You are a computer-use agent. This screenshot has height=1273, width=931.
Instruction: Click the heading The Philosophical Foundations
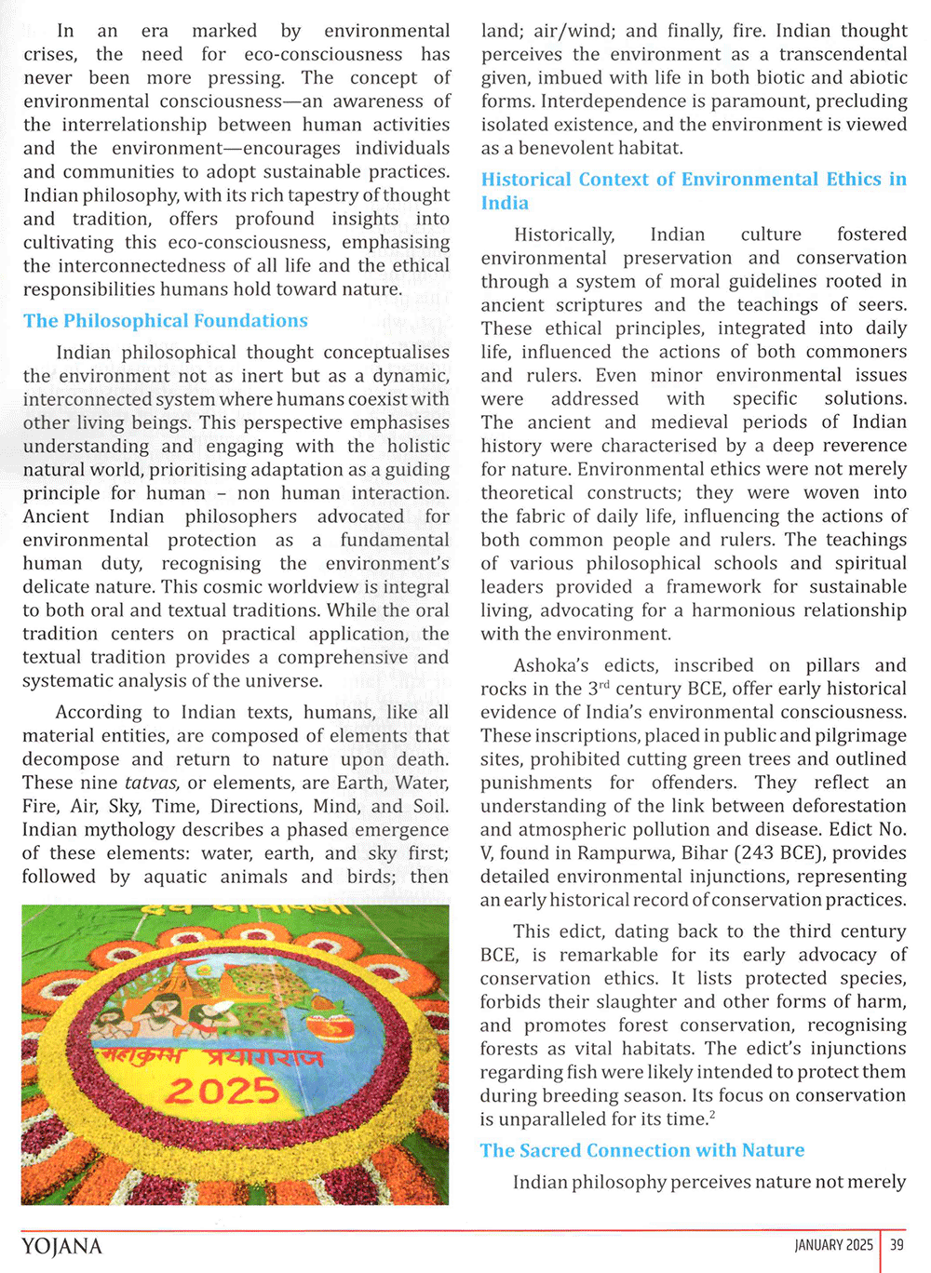[x=166, y=321]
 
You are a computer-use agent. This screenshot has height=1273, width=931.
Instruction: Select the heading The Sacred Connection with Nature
[x=642, y=1150]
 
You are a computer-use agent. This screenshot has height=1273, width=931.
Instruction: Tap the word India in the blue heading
[x=505, y=203]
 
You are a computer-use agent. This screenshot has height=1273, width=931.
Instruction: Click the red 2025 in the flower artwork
[x=223, y=1091]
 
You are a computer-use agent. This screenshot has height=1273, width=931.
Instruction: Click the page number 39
[x=897, y=1245]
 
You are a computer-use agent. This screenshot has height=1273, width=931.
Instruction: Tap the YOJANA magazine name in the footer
[x=61, y=1246]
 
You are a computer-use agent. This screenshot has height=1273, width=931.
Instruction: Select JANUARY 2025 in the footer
[x=834, y=1245]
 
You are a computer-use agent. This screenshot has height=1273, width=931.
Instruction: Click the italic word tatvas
[x=153, y=783]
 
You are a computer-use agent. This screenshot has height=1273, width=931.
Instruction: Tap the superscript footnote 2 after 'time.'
[x=712, y=1115]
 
